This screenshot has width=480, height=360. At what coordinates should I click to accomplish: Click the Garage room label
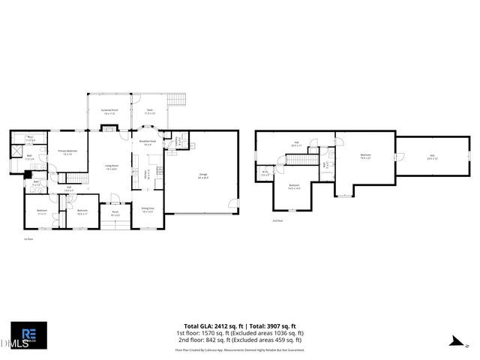pyautogui.click(x=202, y=175)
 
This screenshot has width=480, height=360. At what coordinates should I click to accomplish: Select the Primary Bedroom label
pyautogui.click(x=68, y=152)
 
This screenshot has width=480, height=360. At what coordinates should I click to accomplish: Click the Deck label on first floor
pyautogui.click(x=150, y=111)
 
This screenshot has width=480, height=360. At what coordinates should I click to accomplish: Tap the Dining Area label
pyautogui.click(x=148, y=209)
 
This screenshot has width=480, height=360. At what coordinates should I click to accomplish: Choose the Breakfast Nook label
pyautogui.click(x=148, y=142)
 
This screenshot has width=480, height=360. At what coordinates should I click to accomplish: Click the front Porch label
pyautogui.click(x=116, y=214)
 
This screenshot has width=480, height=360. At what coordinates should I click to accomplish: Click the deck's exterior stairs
pyautogui.click(x=177, y=100)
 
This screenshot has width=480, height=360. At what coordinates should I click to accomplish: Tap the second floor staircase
pyautogui.click(x=301, y=159)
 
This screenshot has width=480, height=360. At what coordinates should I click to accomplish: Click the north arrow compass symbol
pyautogui.click(x=453, y=342)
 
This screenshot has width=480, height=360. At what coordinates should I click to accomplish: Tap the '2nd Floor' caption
pyautogui.click(x=277, y=221)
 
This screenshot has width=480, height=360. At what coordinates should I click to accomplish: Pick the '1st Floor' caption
pyautogui.click(x=28, y=238)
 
